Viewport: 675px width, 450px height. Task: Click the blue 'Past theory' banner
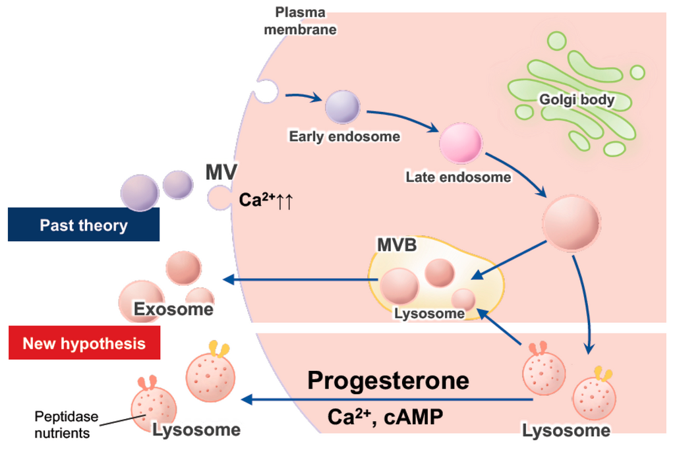tap(84, 225)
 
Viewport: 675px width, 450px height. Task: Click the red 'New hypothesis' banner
tap(84, 343)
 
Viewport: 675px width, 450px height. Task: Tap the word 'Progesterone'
tap(388, 381)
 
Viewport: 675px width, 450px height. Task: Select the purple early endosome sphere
tap(342, 107)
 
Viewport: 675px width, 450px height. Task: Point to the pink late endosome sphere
tap(460, 143)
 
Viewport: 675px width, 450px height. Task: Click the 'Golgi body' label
tap(577, 99)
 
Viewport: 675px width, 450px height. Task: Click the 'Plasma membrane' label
tap(300, 20)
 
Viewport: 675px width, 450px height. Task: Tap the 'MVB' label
tap(397, 245)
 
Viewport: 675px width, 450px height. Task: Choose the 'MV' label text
tap(221, 172)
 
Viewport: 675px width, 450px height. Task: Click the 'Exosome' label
tap(173, 309)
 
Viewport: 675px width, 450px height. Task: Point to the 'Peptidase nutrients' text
tap(66, 424)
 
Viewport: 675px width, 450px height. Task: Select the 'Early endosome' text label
tap(344, 136)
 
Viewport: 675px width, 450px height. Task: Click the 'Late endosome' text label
tap(459, 177)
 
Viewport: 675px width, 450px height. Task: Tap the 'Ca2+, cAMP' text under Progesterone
tap(385, 417)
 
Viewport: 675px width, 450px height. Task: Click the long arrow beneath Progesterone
tap(388, 400)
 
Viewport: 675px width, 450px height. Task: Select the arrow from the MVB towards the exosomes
tap(301, 279)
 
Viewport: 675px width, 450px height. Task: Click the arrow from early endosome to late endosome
tap(402, 119)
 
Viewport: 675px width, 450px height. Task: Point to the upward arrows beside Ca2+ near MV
tap(285, 201)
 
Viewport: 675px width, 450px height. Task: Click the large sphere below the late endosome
tap(571, 223)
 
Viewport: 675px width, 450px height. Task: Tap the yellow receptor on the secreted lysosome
tap(219, 349)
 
